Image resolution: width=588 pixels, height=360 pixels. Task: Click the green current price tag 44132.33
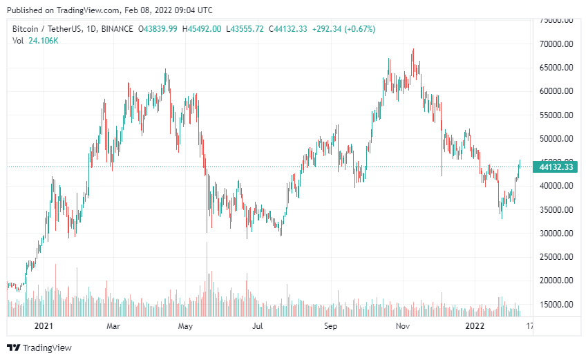click(556, 167)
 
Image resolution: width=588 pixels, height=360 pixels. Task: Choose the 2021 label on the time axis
click(44, 325)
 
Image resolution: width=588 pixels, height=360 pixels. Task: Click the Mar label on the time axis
click(114, 325)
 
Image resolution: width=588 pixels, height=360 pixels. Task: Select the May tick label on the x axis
click(184, 325)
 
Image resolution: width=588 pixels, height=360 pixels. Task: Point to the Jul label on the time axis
click(258, 325)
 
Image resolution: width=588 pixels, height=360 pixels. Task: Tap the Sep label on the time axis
click(330, 325)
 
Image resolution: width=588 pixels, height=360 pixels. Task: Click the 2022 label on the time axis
click(475, 325)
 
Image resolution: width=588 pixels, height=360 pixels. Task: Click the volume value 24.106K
click(43, 41)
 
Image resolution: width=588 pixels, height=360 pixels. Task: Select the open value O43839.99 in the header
click(158, 28)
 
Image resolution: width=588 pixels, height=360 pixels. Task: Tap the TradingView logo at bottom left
click(39, 348)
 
